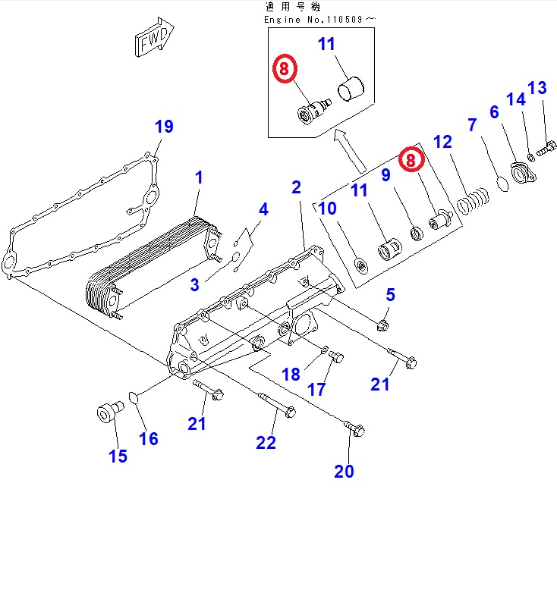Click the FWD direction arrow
coord(154,37)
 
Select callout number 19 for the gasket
coord(164,127)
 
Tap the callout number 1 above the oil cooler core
coord(199,177)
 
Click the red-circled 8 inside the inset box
coord(285,69)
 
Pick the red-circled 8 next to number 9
coord(411,159)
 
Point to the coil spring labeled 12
coord(474,200)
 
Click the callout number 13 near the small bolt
coord(537,88)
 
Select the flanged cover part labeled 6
coord(523,174)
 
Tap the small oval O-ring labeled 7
coord(502,184)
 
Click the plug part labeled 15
coord(110,412)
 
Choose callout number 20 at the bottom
coord(344,472)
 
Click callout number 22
coord(266,443)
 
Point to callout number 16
coord(149,439)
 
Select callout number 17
coord(316,390)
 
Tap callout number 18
coord(291,375)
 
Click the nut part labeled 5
coord(382,326)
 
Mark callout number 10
coord(327,209)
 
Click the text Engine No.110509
coord(313,20)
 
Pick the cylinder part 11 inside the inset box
coord(351,89)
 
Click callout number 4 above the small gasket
coord(263,209)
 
